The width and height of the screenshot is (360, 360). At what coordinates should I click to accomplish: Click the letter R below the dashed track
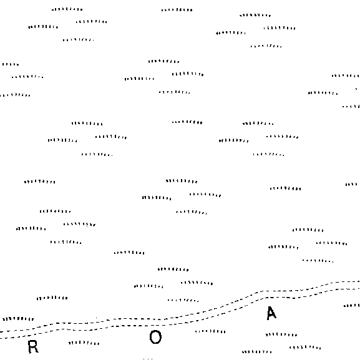coord(33,347)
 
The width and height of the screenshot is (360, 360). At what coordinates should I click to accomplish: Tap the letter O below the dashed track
coord(155,337)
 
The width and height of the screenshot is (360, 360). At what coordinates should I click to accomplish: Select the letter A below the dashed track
coord(271,313)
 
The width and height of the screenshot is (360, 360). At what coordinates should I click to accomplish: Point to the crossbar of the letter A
coord(271,316)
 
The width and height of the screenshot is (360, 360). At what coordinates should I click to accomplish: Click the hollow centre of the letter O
coord(155,337)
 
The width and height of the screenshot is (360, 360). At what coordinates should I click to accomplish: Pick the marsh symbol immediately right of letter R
coord(84,343)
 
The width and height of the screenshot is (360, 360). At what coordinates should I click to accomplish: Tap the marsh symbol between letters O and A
coord(210,331)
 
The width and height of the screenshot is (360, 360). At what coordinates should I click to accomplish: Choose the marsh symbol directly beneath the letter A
coord(281,335)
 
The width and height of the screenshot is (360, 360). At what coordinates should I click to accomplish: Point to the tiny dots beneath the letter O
coord(148,359)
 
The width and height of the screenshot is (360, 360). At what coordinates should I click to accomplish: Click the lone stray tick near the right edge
coord(356,89)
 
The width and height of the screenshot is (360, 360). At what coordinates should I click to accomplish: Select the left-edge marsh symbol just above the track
coord(18,319)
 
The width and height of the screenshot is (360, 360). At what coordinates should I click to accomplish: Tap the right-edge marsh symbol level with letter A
coord(352,306)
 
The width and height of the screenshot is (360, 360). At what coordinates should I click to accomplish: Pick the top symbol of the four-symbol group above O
coord(173,269)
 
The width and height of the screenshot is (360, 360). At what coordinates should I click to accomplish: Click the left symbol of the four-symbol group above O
coord(148,286)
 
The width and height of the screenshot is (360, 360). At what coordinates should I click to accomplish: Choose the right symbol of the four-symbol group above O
coord(197,283)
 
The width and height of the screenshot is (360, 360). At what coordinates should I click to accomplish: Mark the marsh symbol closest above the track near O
coord(183,300)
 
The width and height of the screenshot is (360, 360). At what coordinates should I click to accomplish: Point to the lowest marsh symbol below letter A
coord(256,352)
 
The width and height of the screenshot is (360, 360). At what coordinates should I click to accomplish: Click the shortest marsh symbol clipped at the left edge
coord(11,64)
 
